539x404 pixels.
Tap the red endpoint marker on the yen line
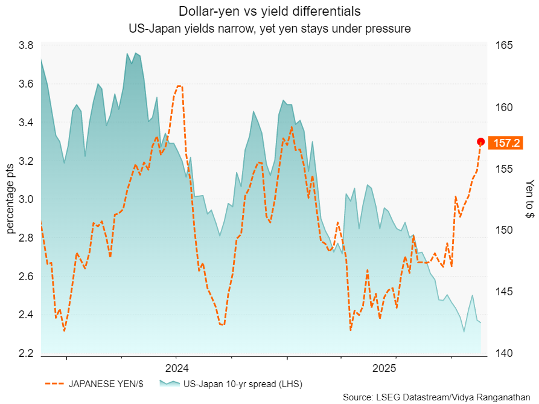click(481, 142)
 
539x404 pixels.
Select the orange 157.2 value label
click(506, 143)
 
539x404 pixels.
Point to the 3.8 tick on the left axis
click(26, 45)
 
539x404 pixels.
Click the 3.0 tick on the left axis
click(26, 200)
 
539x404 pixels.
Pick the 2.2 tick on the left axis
click(26, 354)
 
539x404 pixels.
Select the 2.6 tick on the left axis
click(26, 277)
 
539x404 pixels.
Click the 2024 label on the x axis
click(176, 368)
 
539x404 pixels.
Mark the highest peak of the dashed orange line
click(179, 86)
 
